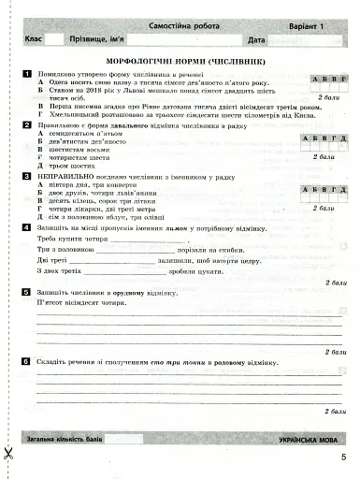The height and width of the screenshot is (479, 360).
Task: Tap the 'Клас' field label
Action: point(34,41)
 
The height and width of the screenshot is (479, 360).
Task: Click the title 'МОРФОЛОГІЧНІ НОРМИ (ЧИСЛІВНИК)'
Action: point(180,61)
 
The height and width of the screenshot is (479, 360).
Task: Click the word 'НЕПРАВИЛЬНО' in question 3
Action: point(65,175)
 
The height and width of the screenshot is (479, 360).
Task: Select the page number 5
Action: point(343,456)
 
